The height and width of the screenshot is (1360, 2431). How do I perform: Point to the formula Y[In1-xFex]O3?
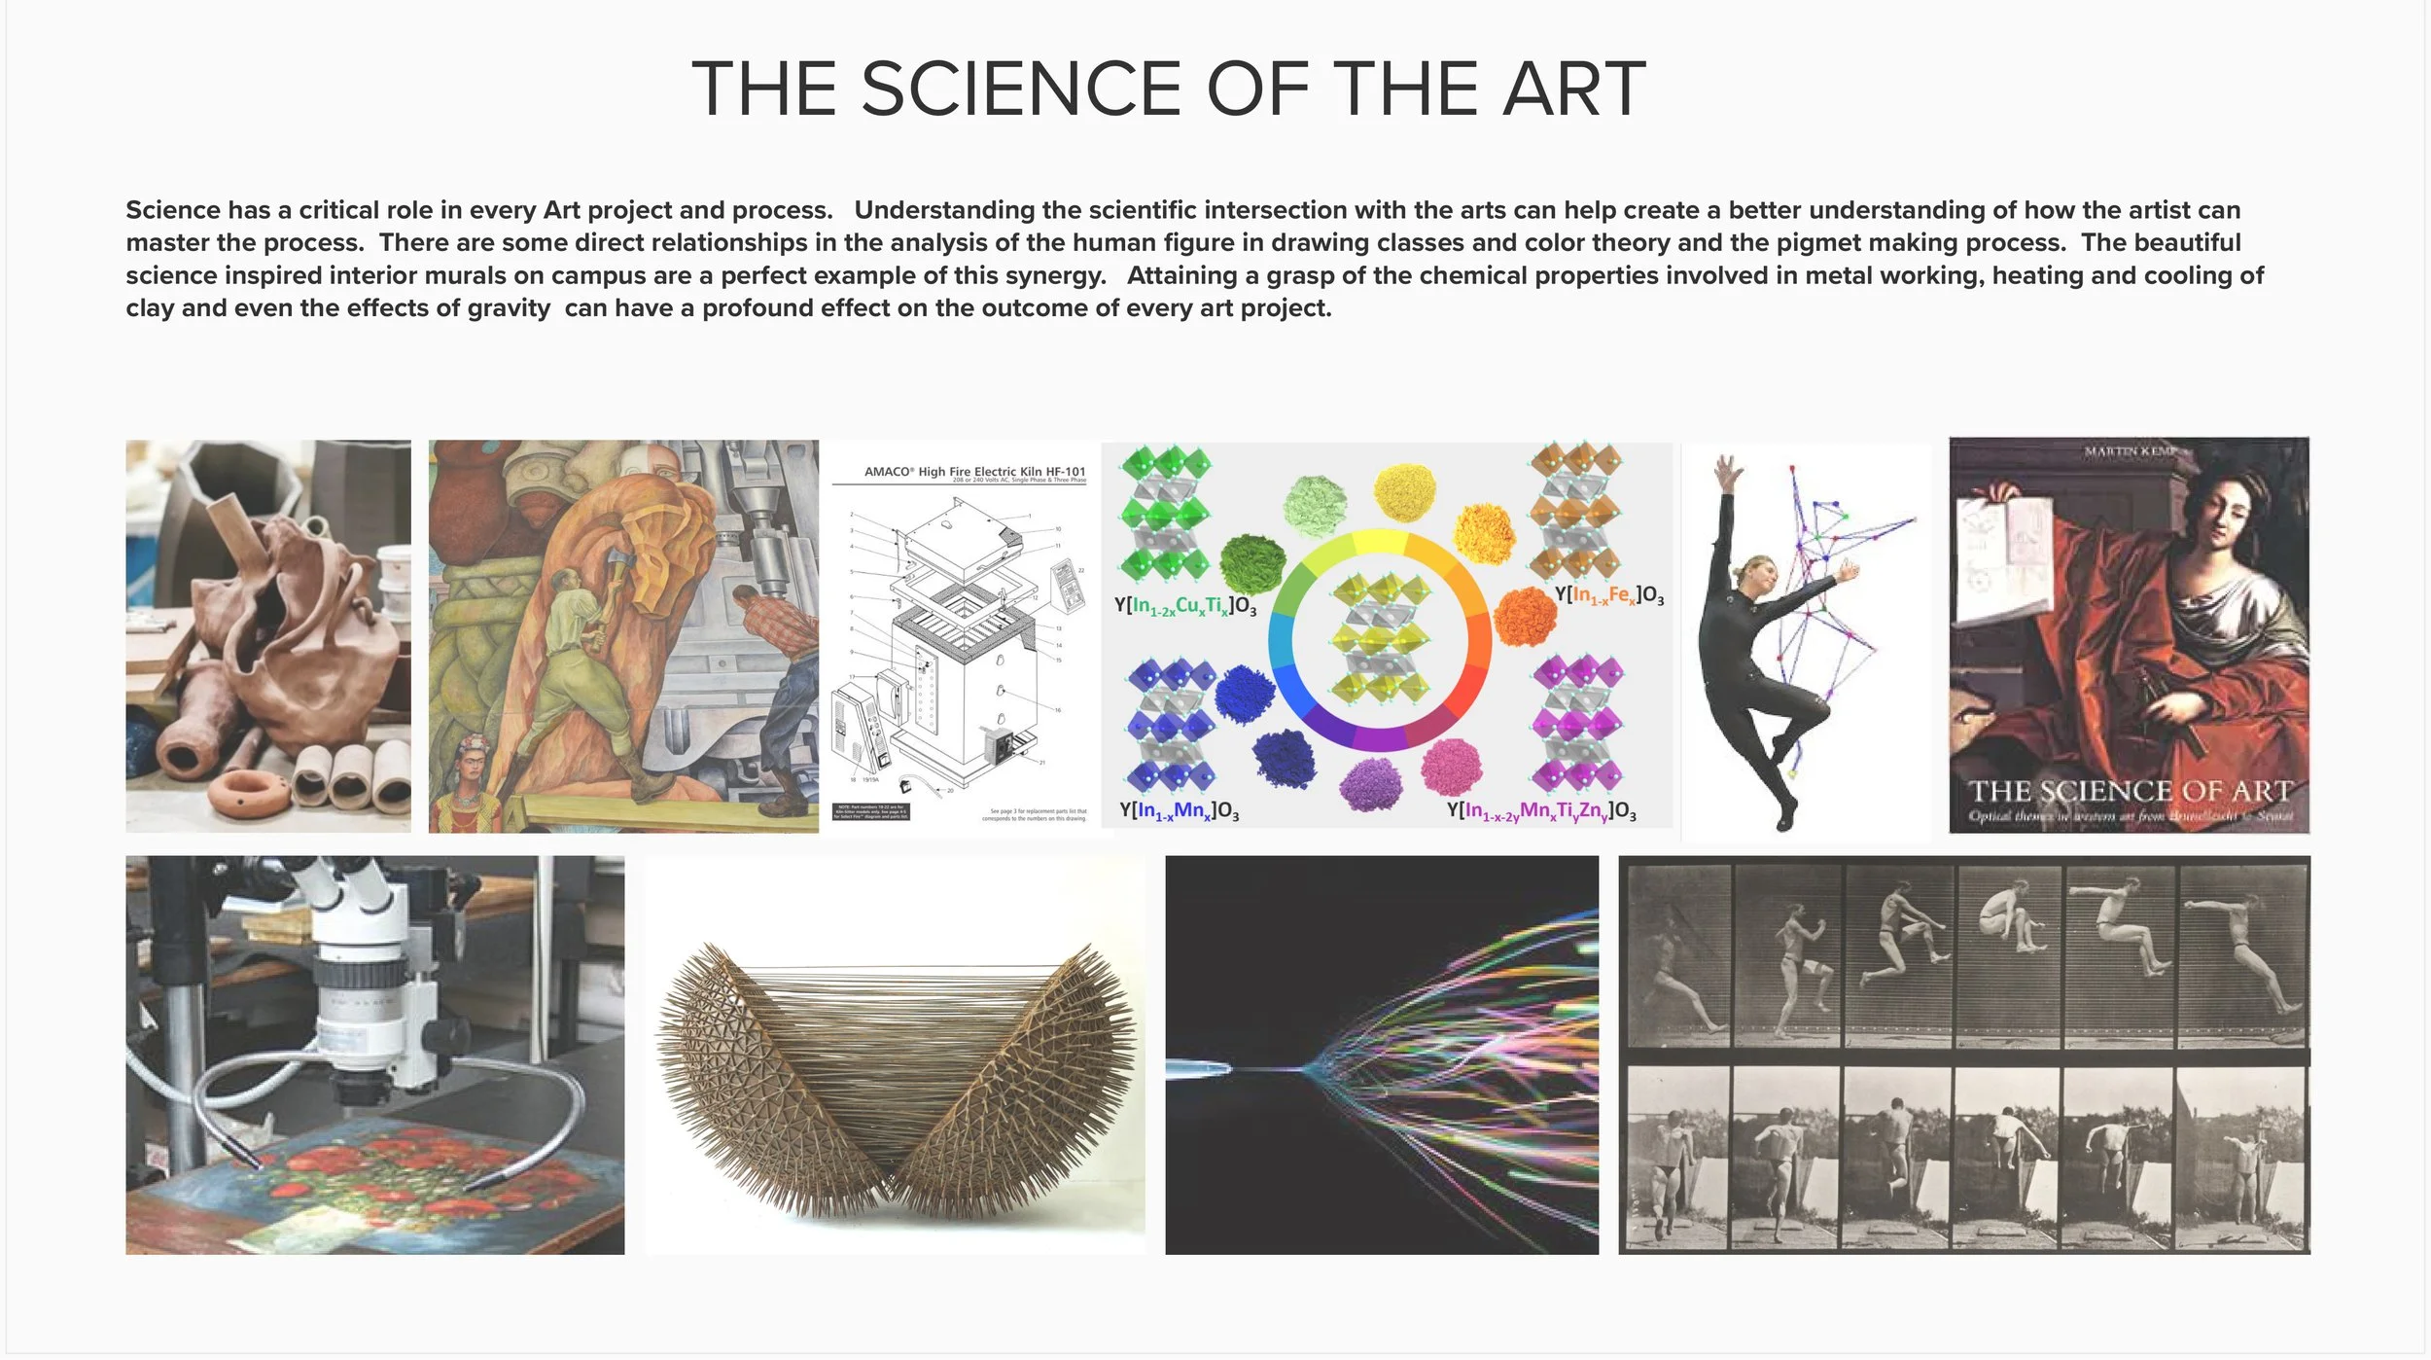(1608, 595)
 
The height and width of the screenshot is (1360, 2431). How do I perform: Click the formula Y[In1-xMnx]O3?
(1179, 811)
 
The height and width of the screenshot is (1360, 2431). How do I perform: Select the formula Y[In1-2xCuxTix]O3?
(1184, 606)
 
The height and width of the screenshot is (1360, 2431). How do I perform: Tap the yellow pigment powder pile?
(1404, 492)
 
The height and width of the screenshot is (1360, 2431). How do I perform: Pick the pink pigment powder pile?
(1451, 766)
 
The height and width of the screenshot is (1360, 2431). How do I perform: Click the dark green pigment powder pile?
(1252, 563)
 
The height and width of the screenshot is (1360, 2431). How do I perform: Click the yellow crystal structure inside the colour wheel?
(1379, 637)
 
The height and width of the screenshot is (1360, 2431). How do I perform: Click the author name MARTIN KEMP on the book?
(2130, 451)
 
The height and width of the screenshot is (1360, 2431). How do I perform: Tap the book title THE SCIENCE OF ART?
(2130, 791)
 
